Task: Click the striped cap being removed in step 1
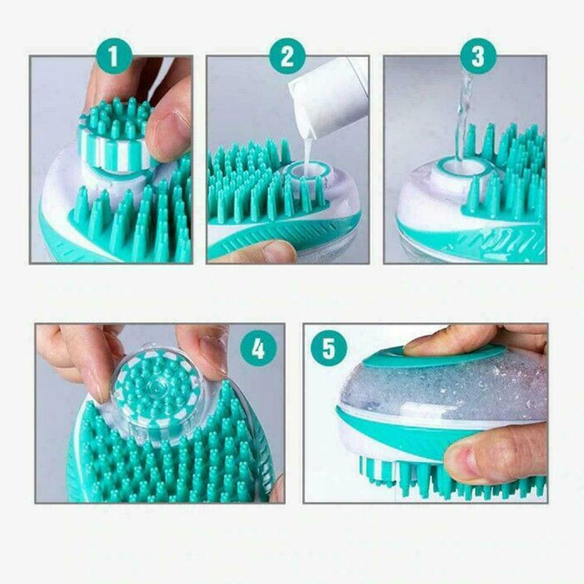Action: point(117,139)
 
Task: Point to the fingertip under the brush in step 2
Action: point(270,252)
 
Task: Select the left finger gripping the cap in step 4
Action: point(84,358)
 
